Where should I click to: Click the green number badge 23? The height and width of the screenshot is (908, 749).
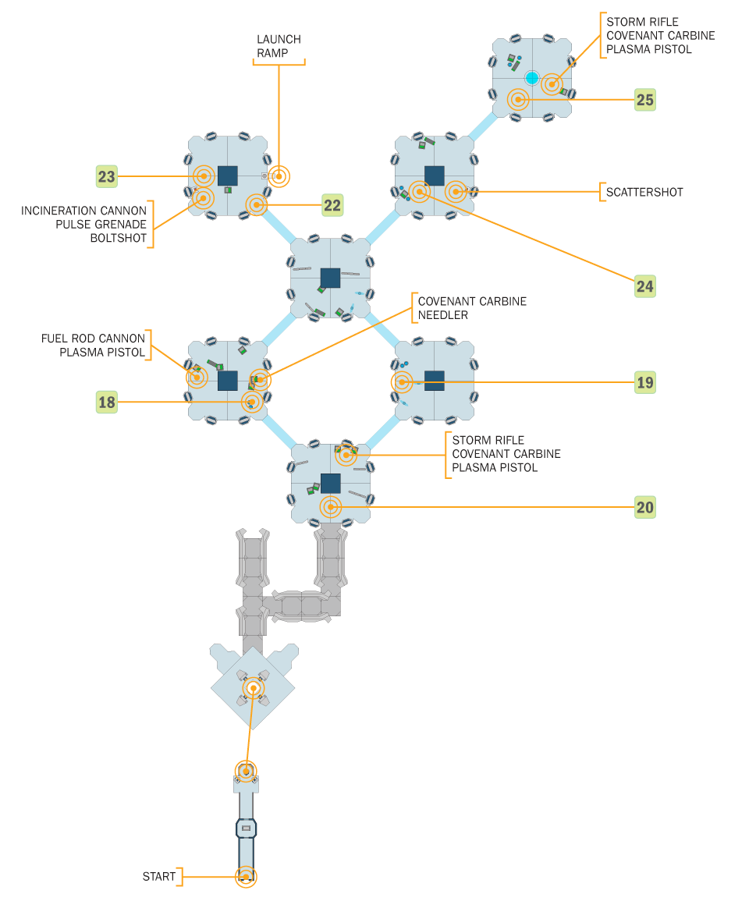[106, 177]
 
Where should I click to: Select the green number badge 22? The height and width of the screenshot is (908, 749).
[332, 205]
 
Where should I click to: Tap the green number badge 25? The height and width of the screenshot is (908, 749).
[644, 100]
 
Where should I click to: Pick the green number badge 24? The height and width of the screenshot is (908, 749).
[644, 286]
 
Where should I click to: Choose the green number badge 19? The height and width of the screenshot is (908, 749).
[644, 383]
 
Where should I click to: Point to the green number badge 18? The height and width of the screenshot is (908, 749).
[106, 402]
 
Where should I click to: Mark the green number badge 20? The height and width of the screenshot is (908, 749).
[644, 508]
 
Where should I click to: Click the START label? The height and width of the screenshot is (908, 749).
[159, 877]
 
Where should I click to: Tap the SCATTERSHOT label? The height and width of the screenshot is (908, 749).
[644, 192]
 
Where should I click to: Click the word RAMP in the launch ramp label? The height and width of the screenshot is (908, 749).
[279, 53]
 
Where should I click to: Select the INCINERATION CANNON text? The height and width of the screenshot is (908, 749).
[83, 211]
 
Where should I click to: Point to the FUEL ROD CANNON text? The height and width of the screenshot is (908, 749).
[93, 339]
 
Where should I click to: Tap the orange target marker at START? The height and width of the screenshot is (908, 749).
[246, 877]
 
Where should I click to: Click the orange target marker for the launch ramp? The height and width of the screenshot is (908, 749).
[279, 176]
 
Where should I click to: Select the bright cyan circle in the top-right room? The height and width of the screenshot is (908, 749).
[532, 78]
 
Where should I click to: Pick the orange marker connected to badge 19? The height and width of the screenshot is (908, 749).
[402, 382]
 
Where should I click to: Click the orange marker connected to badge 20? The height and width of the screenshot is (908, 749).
[331, 507]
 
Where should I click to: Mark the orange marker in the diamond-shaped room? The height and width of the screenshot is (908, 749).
[253, 688]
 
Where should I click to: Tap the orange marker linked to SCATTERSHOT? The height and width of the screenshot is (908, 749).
[456, 192]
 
